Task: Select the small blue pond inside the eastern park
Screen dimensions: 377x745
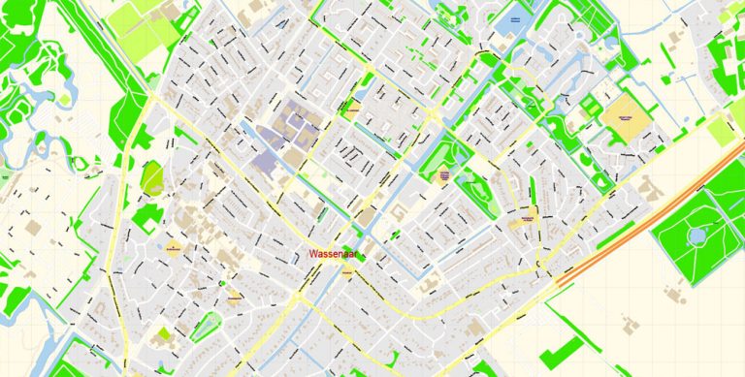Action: click(696, 235)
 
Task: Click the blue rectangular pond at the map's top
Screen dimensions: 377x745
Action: click(513, 19)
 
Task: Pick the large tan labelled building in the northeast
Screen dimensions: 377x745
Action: click(626, 116)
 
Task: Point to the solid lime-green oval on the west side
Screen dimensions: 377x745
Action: click(152, 178)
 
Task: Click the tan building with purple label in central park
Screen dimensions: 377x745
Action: click(445, 176)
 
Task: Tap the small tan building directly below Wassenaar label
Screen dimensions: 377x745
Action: click(348, 275)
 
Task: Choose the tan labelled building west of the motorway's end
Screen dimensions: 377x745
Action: click(527, 221)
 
